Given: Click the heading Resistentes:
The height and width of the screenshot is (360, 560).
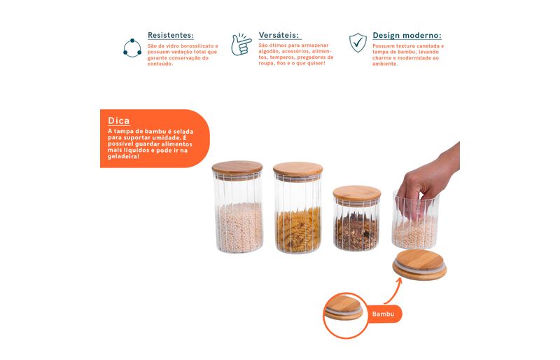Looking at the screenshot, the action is click(171, 35).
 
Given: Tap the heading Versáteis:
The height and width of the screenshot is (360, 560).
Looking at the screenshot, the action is click(279, 35).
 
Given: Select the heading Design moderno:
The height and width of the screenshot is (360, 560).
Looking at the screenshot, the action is click(407, 36).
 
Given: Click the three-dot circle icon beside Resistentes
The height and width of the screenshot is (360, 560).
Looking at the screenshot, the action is click(132, 48).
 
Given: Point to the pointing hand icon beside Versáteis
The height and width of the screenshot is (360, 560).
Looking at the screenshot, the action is click(241, 45).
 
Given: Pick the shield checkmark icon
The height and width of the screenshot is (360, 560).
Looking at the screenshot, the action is click(358, 43).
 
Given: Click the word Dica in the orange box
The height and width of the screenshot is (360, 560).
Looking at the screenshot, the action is click(118, 121).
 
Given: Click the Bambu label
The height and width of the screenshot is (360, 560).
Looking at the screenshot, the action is click(383, 314).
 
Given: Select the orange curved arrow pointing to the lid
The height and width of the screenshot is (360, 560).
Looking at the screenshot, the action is click(393, 291).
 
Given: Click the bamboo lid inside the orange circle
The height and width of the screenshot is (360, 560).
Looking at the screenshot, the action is click(343, 307).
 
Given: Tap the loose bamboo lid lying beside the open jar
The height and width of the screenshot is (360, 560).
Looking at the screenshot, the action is click(419, 265).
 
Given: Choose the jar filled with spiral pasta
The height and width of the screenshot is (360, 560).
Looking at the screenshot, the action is click(298, 208).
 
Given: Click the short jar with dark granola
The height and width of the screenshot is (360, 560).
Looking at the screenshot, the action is click(356, 219).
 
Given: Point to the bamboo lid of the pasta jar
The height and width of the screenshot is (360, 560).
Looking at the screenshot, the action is click(298, 169).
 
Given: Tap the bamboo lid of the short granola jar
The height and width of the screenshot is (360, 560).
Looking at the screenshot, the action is click(357, 193).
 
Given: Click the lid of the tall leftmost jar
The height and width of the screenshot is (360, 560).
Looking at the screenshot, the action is click(237, 168).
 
